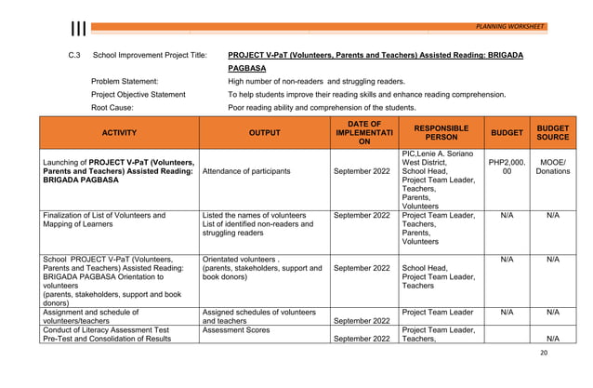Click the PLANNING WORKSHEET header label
click(510, 26)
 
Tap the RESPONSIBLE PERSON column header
click(441, 133)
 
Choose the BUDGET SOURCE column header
click(553, 133)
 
